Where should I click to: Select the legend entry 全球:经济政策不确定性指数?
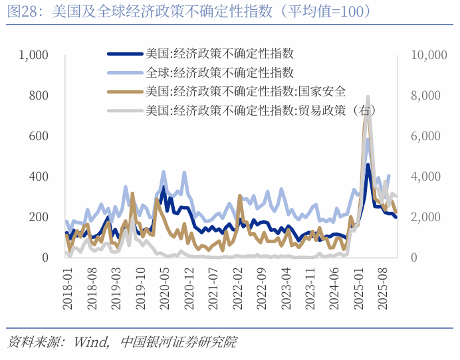[x=220, y=73]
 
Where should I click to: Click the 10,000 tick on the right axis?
[x=429, y=55]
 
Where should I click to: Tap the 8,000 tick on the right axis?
[x=425, y=96]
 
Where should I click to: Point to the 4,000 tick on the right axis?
[x=425, y=177]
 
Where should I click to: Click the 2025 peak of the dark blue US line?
[x=368, y=165]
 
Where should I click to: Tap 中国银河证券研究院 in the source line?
[x=179, y=343]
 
